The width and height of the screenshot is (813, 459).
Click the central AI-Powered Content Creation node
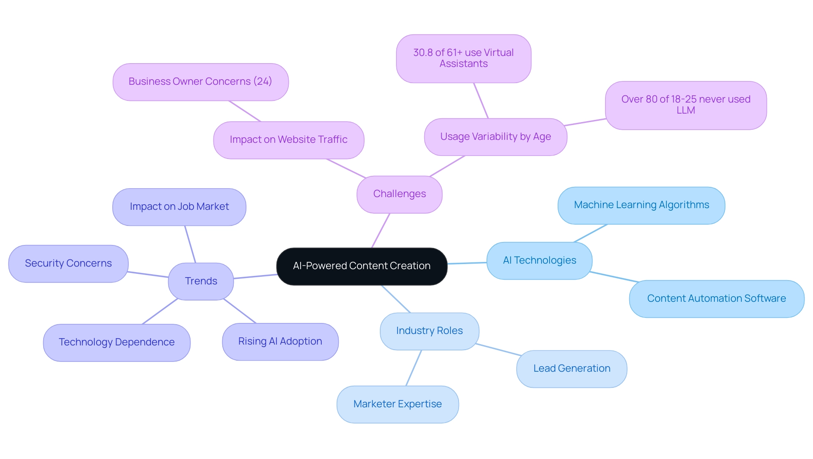[362, 266]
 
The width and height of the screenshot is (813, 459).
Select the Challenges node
[399, 194]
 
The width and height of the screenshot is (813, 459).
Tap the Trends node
[201, 281]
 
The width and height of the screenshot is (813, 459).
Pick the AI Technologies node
[539, 261]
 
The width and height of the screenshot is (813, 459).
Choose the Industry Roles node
[429, 331]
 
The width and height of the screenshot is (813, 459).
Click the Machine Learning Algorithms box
[641, 205]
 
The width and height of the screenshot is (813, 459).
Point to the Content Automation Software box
[716, 299]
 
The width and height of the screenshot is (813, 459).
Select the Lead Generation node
[571, 369]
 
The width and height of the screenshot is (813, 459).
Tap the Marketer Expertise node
[397, 404]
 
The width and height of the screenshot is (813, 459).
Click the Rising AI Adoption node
[280, 342]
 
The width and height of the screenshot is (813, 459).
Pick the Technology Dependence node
[116, 342]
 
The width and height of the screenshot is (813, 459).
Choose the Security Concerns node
[68, 264]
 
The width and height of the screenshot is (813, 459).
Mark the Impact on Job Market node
[179, 207]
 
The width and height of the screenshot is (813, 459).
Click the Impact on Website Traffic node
[288, 140]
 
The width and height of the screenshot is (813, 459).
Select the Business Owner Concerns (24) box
[200, 82]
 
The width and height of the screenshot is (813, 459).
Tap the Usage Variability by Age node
[495, 137]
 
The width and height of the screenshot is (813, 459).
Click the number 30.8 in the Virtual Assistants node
[423, 53]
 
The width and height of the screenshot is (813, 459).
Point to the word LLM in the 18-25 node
[686, 111]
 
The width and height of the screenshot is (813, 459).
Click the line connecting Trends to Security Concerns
[148, 275]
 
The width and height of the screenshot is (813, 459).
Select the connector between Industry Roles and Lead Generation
[498, 350]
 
